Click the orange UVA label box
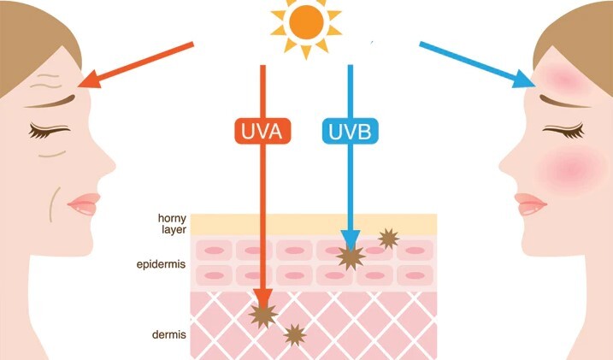262,131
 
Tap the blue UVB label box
351,131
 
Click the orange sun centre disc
307,22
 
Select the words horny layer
172,223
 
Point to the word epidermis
161,264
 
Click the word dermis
169,334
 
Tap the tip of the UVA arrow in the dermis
262,309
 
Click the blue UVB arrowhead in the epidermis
351,240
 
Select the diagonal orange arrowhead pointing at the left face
90,80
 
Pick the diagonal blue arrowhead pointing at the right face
524,80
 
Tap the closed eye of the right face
563,131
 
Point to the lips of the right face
530,204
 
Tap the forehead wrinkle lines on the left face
46,80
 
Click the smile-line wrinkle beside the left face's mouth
55,204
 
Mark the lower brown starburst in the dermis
294,335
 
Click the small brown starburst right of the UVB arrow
389,239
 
